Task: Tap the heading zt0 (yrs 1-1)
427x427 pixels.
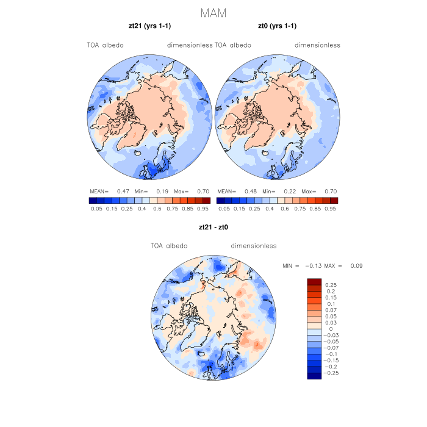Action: [x=278, y=26]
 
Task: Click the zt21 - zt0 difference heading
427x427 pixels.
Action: [x=213, y=227]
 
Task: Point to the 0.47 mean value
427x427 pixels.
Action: [x=121, y=191]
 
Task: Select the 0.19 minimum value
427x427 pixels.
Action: [x=163, y=191]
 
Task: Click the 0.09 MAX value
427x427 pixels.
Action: [x=356, y=266]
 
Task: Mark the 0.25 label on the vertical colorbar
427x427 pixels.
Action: [x=331, y=285]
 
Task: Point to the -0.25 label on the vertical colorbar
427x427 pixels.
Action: [x=332, y=372]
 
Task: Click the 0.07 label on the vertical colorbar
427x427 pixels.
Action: [x=331, y=310]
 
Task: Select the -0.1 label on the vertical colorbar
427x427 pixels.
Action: [x=331, y=354]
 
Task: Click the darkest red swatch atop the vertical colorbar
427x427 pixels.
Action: [x=314, y=281]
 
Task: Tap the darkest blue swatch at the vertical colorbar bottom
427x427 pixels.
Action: [x=314, y=376]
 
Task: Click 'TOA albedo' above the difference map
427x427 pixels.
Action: [x=169, y=246]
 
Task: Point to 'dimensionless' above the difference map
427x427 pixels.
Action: [x=254, y=246]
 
